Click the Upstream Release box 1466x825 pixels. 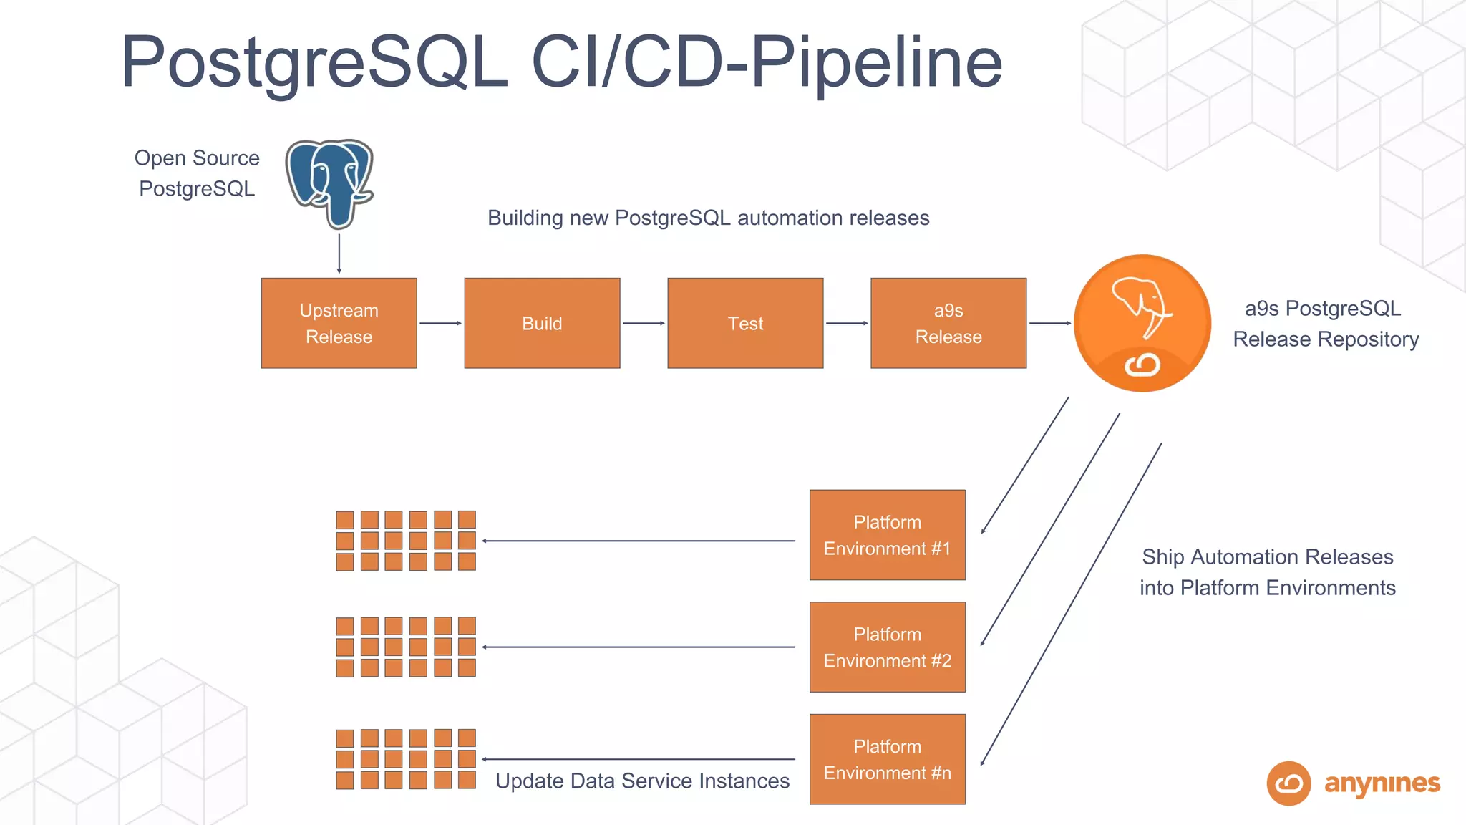coord(339,323)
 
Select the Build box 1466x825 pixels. coord(542,323)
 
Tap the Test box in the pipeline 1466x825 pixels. coord(745,323)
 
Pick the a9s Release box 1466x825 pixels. coord(948,323)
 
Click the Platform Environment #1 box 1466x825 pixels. coord(888,535)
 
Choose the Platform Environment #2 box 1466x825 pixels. coord(888,647)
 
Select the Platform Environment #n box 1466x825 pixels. coord(888,759)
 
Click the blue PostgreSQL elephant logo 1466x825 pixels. coord(330,183)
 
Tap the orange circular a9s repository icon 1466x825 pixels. coord(1142,323)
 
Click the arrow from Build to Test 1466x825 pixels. coord(644,323)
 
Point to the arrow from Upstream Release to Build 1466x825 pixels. coord(440,323)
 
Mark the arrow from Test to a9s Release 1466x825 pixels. coord(847,323)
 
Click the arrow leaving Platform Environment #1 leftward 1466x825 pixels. coord(639,541)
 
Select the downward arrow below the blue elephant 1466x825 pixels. coord(339,254)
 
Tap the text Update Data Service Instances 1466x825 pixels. coord(642,781)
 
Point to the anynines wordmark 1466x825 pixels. coord(1382,784)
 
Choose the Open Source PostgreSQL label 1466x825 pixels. coord(197,173)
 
